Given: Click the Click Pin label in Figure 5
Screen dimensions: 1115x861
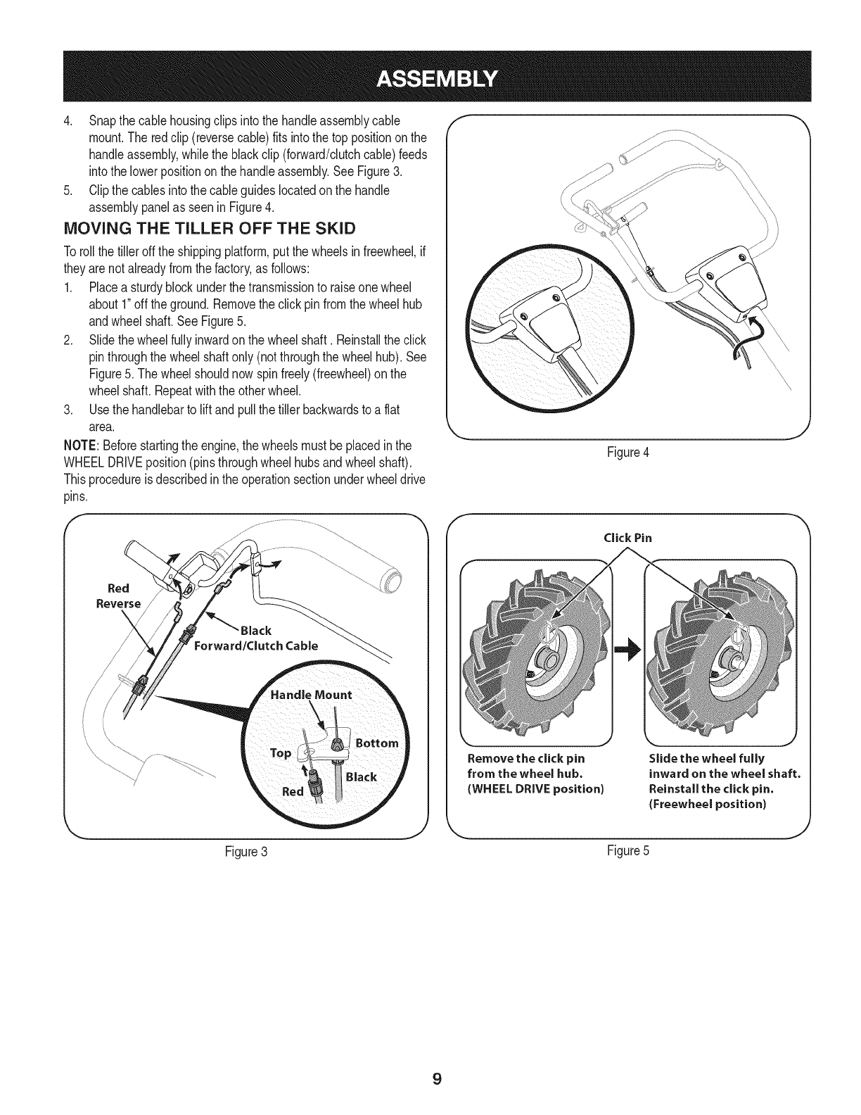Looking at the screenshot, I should click(x=628, y=538).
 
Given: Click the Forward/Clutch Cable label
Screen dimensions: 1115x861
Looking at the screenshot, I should click(x=256, y=645).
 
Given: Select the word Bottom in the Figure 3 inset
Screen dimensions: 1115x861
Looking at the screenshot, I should click(x=377, y=743).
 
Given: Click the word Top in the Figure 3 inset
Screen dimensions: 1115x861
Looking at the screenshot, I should click(x=281, y=752).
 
